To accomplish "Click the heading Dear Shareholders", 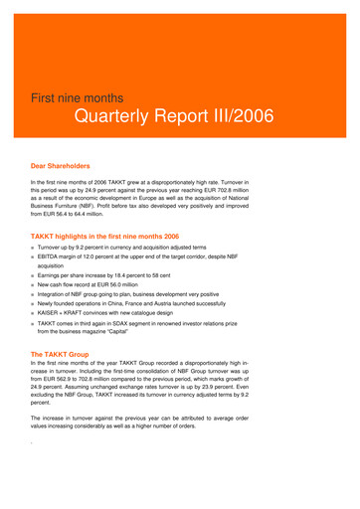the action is click(61, 166).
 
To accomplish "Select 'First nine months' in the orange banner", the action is click(78, 99).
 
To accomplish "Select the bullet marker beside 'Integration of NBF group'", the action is click(34, 295).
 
